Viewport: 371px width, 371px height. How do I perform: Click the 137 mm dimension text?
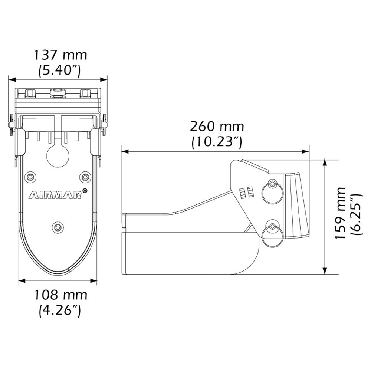coord(60,55)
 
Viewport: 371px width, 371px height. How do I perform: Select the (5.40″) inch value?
coord(60,70)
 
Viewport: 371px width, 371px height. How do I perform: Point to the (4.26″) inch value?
coord(60,310)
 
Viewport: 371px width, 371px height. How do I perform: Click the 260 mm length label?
coord(217,127)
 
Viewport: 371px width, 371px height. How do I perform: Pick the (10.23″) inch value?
coord(217,142)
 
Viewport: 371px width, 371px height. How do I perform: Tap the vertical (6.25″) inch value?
coord(355,214)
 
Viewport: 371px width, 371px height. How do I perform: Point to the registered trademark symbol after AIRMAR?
coord(85,191)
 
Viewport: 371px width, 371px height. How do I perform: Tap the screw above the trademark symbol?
coord(86,177)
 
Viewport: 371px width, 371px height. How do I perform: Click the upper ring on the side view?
coord(273,192)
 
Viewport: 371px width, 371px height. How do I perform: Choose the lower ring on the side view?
coord(272,234)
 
